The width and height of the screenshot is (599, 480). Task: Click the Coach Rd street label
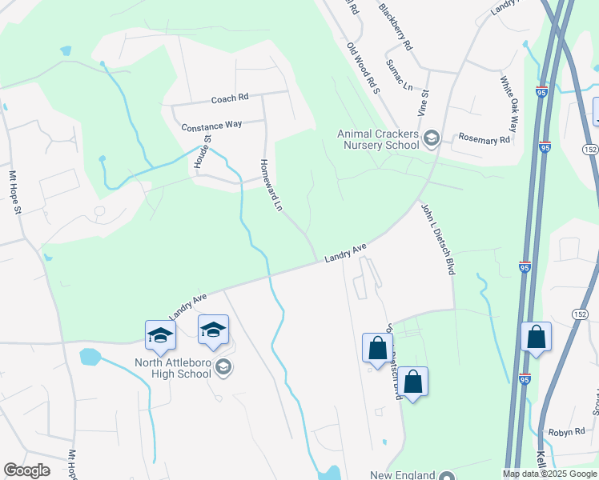coord(230,98)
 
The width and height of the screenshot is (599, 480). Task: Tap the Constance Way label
coord(211,126)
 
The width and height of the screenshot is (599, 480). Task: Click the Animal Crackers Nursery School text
coord(378,139)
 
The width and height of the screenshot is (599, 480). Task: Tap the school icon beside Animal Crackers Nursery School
coord(432,138)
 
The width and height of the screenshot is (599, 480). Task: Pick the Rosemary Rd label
coord(484,139)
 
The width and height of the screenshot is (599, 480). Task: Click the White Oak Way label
coord(509,103)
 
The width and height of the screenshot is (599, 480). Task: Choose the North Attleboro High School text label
coord(161,368)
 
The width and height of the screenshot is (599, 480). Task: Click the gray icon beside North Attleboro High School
coord(224,367)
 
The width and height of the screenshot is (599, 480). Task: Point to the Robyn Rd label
coord(568,432)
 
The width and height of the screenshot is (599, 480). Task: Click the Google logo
coord(26,470)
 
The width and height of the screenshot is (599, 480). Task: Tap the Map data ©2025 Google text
coord(549,474)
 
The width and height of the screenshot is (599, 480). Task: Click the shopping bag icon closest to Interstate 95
coord(536,339)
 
